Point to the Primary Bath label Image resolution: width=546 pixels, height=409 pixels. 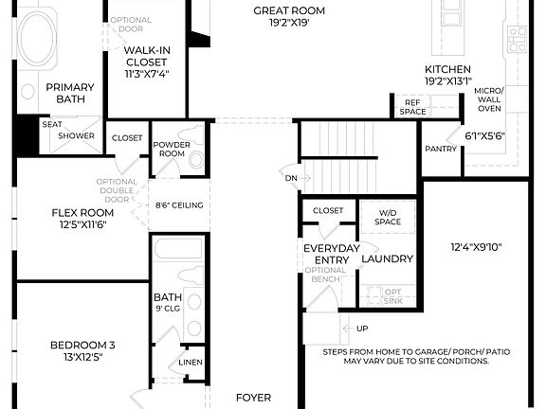point(69,94)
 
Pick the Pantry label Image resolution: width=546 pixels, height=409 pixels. point(440,149)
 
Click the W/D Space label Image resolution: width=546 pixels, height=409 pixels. point(389,217)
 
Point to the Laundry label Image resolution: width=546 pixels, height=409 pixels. point(387,258)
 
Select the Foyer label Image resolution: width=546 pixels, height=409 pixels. point(253,398)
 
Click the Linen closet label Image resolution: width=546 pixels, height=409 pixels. point(190,363)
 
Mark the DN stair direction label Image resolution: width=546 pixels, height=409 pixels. point(290,177)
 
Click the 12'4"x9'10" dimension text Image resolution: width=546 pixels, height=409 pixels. point(475,248)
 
